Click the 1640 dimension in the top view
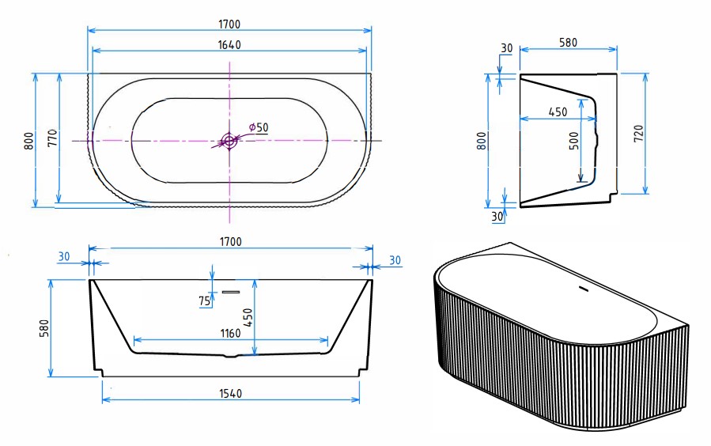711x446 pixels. point(229,45)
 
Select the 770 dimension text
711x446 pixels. point(53,138)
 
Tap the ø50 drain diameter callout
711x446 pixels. point(259,127)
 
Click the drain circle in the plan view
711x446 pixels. point(229,141)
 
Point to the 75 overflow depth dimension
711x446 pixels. point(205,301)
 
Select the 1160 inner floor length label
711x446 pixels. point(230,334)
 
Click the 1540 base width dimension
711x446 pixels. point(231,394)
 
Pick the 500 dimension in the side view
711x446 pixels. point(574,141)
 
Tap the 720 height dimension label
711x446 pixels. point(638,134)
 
